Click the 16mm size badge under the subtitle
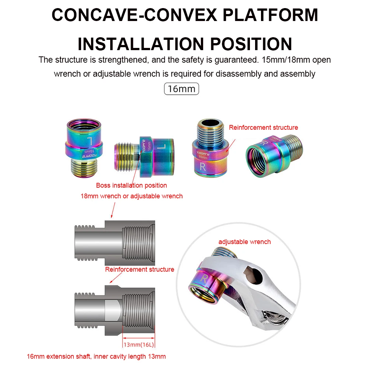(181, 89)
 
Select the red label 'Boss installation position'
(131, 185)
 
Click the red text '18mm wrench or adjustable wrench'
(132, 196)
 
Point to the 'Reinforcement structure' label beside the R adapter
(263, 128)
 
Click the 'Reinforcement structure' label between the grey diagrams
(139, 269)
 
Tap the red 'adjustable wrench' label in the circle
(244, 242)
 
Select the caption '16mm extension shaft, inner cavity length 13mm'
(96, 356)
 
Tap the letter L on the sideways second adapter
(159, 147)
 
